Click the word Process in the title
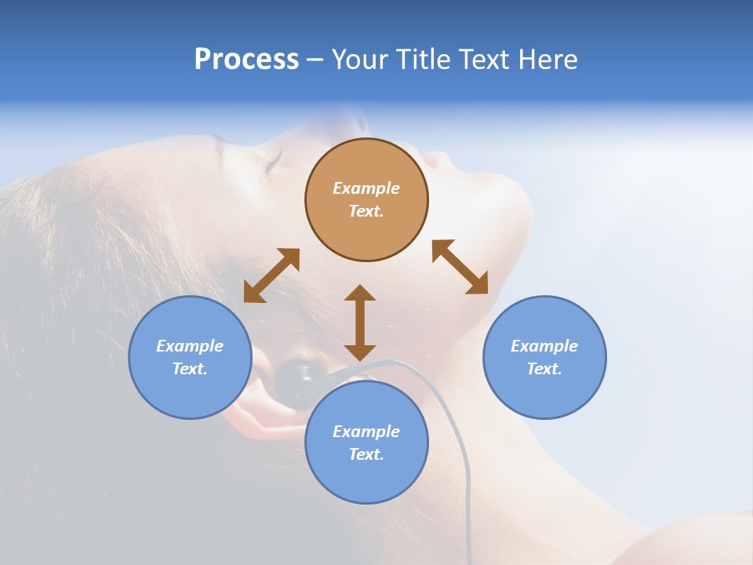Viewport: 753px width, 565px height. (246, 60)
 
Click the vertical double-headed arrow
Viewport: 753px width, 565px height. (360, 323)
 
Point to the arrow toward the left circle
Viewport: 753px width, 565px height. (271, 275)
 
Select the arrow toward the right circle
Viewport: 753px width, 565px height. (460, 267)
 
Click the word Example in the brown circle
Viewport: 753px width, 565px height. (366, 188)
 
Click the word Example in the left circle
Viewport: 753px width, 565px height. (190, 346)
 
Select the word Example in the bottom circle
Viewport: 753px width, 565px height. (366, 432)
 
